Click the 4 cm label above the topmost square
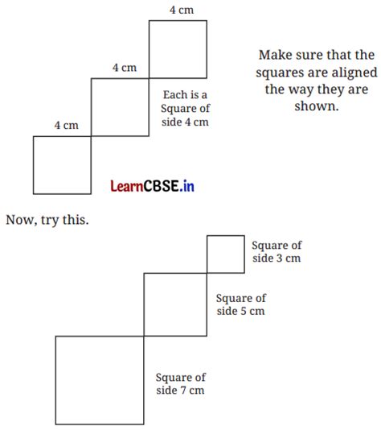[x=182, y=10]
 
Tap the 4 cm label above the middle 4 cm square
[x=125, y=68]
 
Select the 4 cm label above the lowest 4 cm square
[x=66, y=126]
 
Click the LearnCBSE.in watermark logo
[x=152, y=186]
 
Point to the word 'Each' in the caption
[x=174, y=95]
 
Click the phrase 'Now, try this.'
[x=47, y=220]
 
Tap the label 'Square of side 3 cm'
[x=277, y=252]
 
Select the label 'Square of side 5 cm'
[x=241, y=304]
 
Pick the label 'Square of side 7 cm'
[x=181, y=383]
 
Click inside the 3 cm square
[x=226, y=254]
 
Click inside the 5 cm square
[x=175, y=304]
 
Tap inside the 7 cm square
[x=100, y=380]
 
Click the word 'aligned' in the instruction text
[x=354, y=72]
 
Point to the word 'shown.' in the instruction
[x=317, y=105]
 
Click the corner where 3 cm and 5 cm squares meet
[x=207, y=273]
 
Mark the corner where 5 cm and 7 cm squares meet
[x=144, y=336]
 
